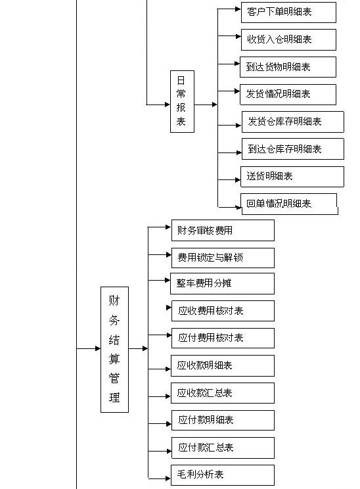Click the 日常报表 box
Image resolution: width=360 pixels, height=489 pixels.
click(182, 101)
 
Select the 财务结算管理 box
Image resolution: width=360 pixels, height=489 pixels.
click(114, 349)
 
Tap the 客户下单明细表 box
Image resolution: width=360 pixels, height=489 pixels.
click(288, 12)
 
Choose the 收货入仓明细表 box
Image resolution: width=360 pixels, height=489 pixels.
click(288, 39)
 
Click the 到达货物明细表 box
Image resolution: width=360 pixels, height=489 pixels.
click(288, 67)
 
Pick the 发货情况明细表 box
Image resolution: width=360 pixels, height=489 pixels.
click(288, 95)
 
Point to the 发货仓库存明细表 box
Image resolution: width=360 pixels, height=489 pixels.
click(293, 122)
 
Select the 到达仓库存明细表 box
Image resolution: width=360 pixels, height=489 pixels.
click(293, 149)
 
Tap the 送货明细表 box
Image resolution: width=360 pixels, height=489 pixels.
click(292, 177)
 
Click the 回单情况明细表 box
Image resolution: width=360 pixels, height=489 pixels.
click(289, 204)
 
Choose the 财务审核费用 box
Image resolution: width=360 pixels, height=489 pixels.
click(223, 230)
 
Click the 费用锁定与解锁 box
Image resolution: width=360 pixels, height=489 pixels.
click(223, 258)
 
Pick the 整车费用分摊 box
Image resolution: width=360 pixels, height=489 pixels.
click(222, 283)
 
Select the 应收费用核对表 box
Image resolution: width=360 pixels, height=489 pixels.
click(223, 311)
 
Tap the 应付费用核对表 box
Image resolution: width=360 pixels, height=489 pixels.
click(223, 338)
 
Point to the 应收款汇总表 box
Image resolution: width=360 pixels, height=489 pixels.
click(223, 393)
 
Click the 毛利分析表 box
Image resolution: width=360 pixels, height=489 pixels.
click(223, 475)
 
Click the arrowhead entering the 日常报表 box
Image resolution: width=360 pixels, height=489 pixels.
click(168, 105)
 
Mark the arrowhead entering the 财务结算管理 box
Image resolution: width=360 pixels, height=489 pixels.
click(98, 348)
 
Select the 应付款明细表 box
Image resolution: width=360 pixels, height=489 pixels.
click(223, 420)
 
